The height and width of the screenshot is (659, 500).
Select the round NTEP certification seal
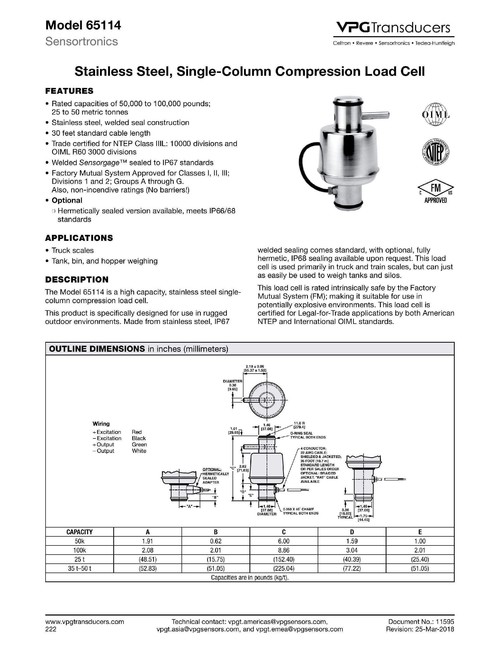[x=435, y=153]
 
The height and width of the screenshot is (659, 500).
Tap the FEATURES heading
[x=69, y=91]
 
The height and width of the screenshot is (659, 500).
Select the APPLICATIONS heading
[x=79, y=238]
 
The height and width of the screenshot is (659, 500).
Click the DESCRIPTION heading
[x=77, y=279]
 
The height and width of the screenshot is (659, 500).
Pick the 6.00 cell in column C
[x=284, y=541]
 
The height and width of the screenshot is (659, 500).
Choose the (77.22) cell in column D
[x=352, y=568]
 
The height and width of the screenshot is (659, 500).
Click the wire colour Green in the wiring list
[x=139, y=444]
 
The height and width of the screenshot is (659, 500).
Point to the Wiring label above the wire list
[x=101, y=424]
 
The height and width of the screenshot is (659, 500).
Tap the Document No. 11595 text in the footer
[x=421, y=622]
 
